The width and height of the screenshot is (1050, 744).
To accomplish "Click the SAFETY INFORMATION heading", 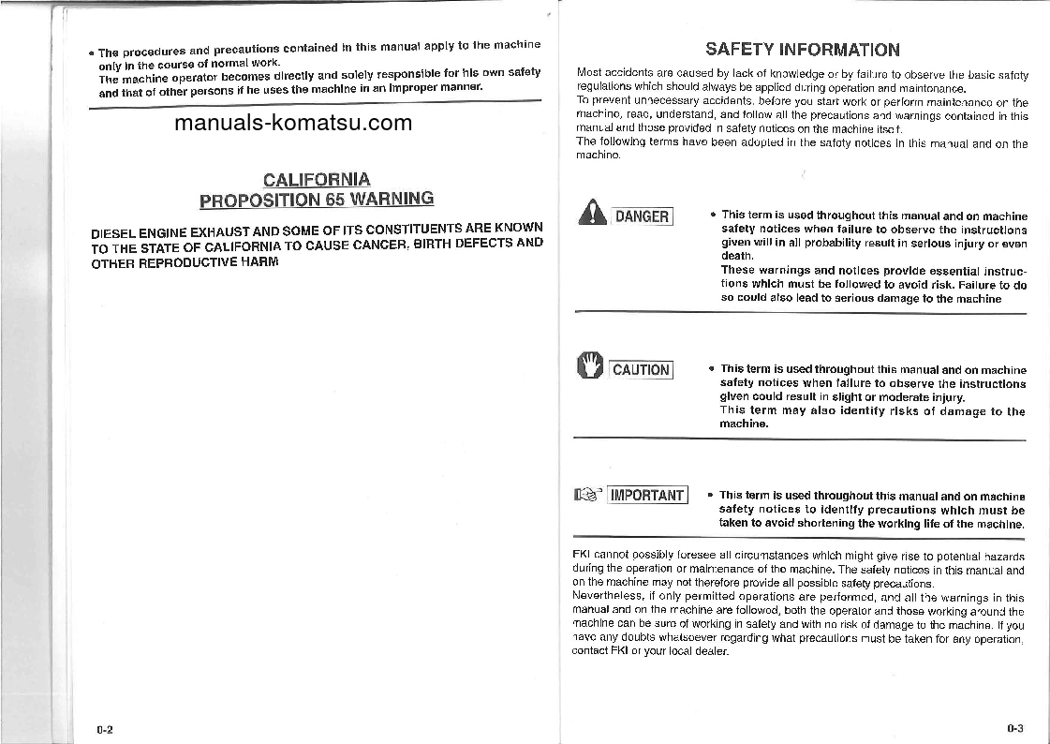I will coord(802,50).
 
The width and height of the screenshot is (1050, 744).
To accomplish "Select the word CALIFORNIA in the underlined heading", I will coord(317,179).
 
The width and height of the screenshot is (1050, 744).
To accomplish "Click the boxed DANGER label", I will coord(642,217).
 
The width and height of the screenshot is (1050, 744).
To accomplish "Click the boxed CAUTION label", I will coord(641,370).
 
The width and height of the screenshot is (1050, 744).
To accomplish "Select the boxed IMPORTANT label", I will coord(647,496).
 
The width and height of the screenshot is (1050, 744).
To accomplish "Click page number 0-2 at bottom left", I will coord(105,729).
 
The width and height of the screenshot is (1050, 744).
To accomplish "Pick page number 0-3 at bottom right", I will coord(1015,728).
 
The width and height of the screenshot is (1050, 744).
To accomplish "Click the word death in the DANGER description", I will coord(736,255).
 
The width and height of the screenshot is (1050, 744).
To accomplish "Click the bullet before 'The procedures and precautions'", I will coord(92,52).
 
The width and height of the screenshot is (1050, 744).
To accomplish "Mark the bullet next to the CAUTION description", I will coord(711,370).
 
